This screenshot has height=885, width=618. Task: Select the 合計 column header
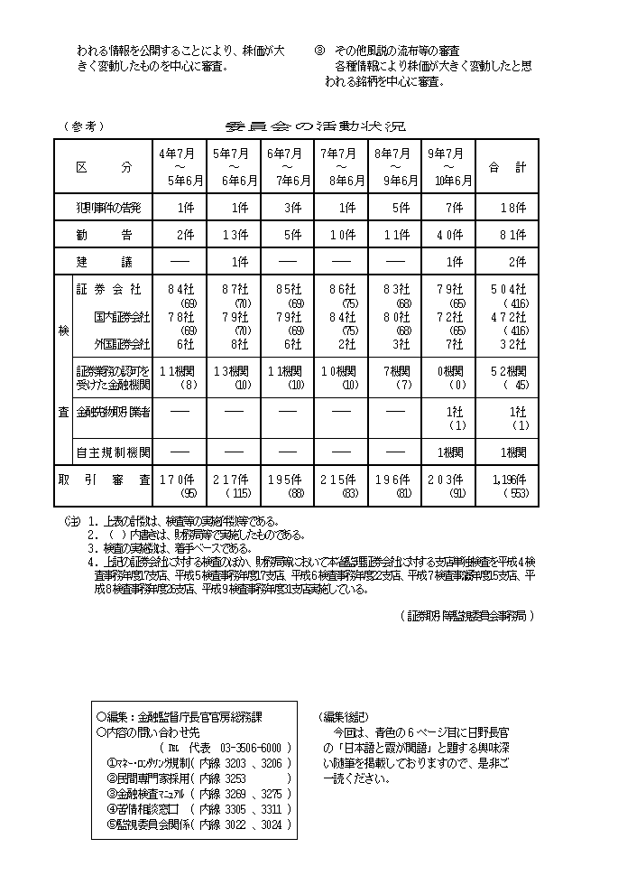coord(507,167)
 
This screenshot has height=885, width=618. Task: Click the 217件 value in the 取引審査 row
coord(234,480)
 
